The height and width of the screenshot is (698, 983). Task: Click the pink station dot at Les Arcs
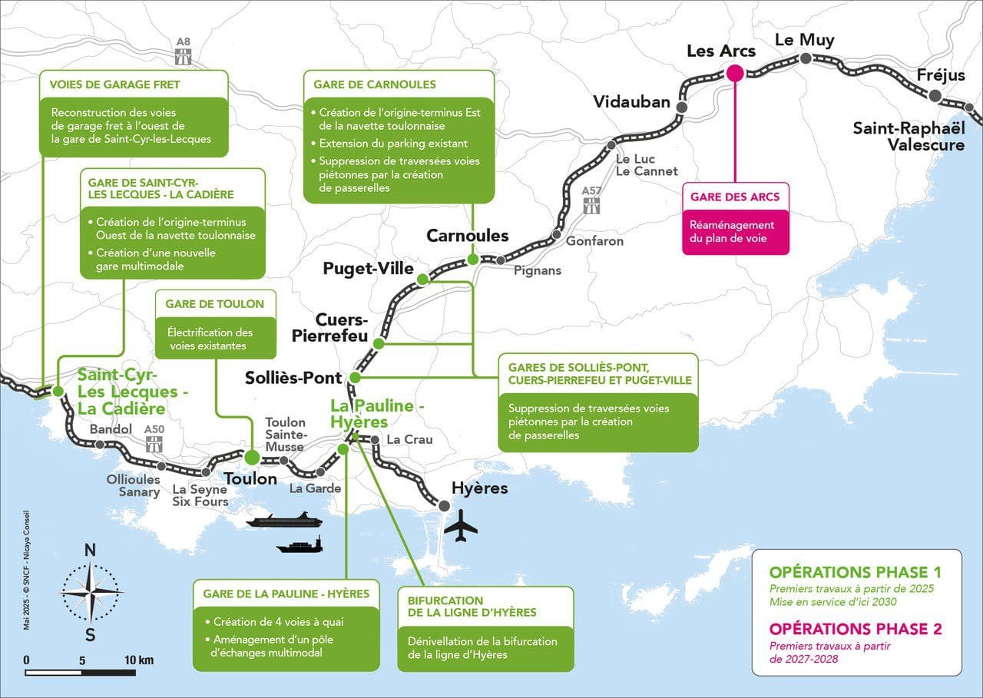734,74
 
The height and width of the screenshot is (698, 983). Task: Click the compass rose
91,591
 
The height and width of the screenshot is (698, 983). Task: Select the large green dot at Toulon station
252,458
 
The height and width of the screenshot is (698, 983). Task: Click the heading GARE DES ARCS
734,197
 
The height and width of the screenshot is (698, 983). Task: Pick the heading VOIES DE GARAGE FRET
114,84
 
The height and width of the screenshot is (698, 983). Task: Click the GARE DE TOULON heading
214,304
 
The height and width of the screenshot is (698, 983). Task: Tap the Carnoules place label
468,235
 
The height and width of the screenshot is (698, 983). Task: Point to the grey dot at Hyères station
444,505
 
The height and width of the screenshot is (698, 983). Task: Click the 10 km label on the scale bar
138,660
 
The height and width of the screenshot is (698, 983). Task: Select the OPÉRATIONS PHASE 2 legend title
855,629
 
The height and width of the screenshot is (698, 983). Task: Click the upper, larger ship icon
282,521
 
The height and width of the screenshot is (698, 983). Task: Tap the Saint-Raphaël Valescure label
909,136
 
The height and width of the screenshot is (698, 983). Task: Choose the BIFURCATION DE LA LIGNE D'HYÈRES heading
467,606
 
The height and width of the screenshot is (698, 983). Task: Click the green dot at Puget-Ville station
422,281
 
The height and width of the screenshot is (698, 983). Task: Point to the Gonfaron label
594,241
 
